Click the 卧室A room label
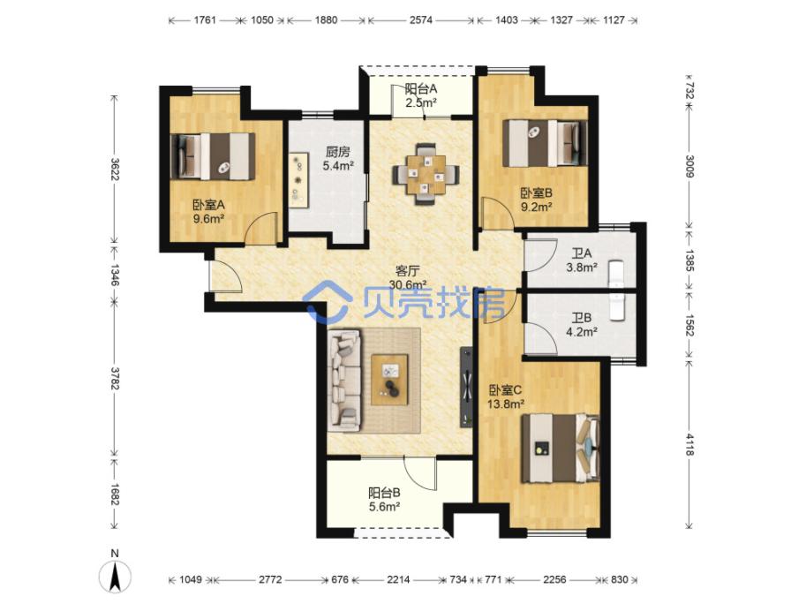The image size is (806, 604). [208, 205]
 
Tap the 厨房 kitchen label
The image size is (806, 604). [338, 152]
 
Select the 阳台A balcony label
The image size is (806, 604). [420, 88]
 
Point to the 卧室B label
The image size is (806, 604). [536, 193]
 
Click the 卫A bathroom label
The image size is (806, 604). [582, 253]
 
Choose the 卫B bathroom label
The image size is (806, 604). [582, 318]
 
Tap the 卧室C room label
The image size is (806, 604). [505, 390]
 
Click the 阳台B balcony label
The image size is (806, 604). [384, 493]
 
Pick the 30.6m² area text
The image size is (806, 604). [408, 284]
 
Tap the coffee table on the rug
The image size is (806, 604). [389, 380]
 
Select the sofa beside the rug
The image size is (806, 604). [345, 381]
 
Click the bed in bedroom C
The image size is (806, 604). [561, 449]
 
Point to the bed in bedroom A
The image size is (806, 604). [213, 157]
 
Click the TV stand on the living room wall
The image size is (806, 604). [467, 387]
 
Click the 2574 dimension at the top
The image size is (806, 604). [421, 20]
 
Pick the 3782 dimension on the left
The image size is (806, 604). [115, 378]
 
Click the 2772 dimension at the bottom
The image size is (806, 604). [270, 580]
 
